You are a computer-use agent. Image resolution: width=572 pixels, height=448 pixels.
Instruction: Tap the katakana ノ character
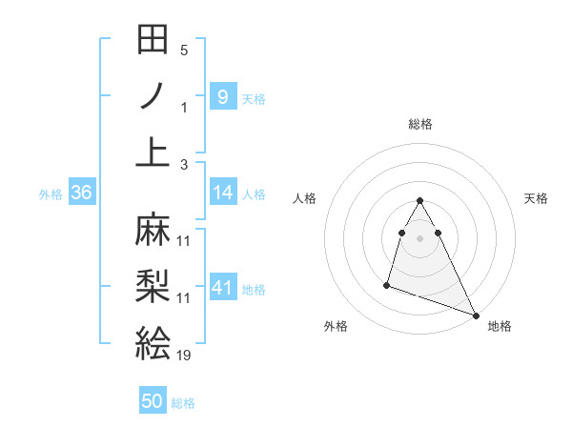tap(153, 96)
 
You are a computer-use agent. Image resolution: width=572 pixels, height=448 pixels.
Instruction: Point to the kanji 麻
tap(153, 230)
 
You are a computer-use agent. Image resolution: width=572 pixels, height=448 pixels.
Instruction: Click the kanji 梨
tap(153, 287)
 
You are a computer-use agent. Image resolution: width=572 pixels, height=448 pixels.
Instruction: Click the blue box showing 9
tap(222, 96)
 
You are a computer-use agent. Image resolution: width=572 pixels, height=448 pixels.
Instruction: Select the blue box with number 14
tap(222, 193)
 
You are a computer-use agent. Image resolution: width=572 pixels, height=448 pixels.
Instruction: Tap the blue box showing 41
tap(222, 288)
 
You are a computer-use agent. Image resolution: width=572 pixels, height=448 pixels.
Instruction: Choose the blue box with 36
tap(82, 193)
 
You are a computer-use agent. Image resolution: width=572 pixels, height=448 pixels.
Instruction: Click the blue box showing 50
tap(153, 401)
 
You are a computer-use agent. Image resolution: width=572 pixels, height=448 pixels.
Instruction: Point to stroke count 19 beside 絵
tap(184, 356)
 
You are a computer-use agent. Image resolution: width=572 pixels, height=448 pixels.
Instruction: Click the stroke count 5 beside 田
tap(184, 51)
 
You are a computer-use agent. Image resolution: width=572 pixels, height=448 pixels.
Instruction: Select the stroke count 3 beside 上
tap(184, 164)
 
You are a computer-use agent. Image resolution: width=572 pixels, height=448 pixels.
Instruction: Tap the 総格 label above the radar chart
tap(419, 124)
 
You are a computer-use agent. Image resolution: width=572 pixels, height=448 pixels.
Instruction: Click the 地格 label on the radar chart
tap(500, 326)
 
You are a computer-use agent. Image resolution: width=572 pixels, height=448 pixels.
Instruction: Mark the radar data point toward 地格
tap(476, 316)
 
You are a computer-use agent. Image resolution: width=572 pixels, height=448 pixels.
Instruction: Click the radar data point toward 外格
tap(387, 284)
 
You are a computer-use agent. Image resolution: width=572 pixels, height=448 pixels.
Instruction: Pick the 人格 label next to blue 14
tap(254, 194)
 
